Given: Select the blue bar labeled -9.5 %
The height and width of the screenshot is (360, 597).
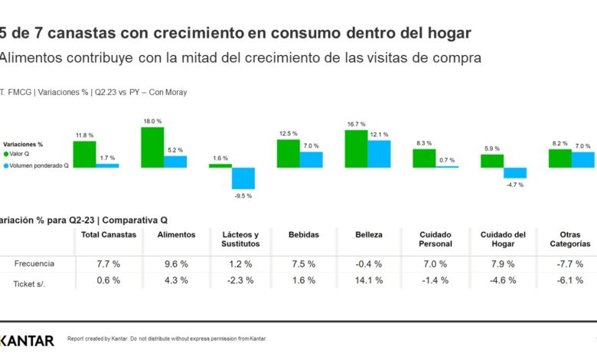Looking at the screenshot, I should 243,178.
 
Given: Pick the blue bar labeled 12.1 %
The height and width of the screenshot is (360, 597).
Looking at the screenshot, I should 379,153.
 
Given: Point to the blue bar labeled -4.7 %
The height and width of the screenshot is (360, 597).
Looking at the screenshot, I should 515,172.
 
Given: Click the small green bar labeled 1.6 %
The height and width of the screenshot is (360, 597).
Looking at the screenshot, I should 220,165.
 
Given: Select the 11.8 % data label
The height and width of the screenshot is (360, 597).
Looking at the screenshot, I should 84,136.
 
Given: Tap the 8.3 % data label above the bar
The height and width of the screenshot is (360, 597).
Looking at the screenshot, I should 424,143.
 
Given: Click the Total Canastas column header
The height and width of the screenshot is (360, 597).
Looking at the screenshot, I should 108,234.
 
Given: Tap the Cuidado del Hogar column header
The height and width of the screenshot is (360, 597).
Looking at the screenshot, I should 503,239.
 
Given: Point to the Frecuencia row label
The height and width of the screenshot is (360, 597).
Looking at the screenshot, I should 34,263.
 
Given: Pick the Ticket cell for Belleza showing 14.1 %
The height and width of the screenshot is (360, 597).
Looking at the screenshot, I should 370,280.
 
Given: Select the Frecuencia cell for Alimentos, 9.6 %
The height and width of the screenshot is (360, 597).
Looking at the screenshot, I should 175,263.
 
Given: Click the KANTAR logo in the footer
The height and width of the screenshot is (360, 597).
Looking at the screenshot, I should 27,340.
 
